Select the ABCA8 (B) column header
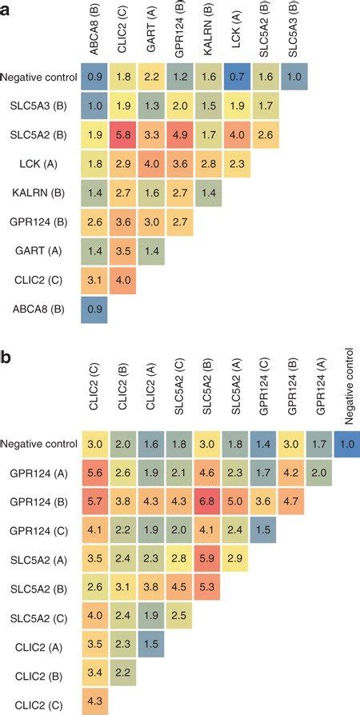[94, 32]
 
